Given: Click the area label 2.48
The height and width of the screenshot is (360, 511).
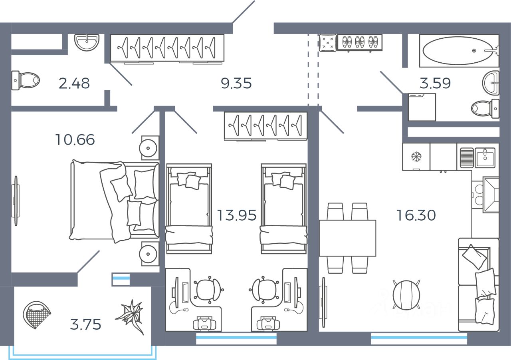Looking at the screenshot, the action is pos(74,84).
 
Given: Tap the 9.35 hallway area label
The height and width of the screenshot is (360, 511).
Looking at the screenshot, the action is pos(236,84).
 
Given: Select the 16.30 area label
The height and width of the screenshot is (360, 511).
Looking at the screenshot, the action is pos(416,215).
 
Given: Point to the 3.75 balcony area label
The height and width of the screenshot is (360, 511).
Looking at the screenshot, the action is pos(85,324).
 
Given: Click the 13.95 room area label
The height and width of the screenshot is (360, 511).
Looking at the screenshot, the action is pos(236,215).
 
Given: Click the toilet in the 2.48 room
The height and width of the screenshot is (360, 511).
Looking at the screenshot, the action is pos(26,80).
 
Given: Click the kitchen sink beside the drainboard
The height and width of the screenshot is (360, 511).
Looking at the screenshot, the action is pos(485,157).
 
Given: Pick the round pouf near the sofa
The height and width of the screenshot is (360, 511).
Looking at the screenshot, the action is pos(406,295).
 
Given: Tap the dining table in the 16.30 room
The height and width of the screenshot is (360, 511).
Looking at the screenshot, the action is pos(347,238).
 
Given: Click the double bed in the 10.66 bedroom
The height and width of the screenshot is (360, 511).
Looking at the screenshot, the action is pos(114,201).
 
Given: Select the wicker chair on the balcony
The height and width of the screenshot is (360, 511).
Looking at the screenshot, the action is pos(37,314).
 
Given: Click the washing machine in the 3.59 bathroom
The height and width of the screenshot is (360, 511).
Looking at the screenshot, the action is pos(422,107).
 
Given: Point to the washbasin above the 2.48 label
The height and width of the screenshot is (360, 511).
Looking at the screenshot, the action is pos(87,42).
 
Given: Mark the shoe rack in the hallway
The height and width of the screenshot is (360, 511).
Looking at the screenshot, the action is pos(360,42).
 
